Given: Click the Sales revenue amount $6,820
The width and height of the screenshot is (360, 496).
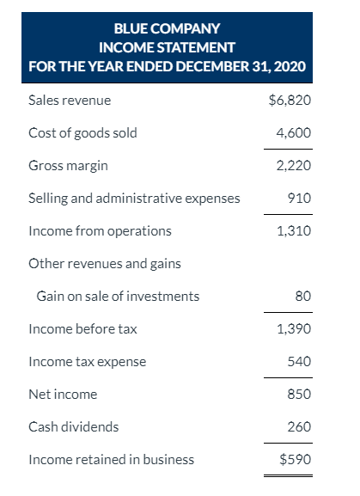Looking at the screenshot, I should (290, 101).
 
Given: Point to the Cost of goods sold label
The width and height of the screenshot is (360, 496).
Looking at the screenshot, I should (82, 133).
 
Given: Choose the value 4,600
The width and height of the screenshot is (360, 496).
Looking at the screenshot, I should (294, 133).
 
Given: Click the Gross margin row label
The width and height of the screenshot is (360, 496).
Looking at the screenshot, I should (68, 165).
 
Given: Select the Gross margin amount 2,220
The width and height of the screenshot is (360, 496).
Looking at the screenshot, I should (294, 165).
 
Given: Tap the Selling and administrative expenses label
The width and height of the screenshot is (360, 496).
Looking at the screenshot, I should (134, 199).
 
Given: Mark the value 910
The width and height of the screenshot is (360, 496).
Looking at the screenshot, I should (300, 199).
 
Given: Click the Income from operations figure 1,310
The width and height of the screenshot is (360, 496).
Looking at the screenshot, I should (294, 230).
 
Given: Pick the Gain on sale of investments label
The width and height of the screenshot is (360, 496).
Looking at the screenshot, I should (118, 296).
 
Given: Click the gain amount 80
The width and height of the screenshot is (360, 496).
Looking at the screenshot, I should (302, 296).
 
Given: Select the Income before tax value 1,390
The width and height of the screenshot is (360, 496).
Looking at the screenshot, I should (294, 328).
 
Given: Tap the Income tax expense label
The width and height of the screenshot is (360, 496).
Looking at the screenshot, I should (87, 361).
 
